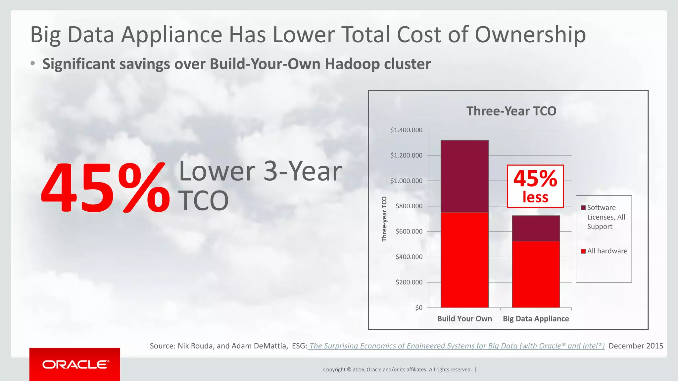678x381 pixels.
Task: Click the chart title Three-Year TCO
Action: pos(511,111)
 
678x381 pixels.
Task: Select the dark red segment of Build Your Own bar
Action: pos(464,176)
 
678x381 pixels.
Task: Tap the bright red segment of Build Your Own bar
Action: pos(464,260)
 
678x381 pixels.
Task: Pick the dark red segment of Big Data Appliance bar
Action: pos(536,228)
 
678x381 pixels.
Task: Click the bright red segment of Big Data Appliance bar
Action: pos(536,274)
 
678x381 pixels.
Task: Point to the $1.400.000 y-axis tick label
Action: pos(406,130)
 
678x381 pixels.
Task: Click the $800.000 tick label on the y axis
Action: pos(409,206)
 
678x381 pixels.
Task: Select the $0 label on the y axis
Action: pos(419,308)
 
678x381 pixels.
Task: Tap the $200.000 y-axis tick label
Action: pos(409,282)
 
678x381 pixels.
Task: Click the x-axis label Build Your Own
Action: pos(464,318)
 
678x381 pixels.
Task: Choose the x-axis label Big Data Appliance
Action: pos(536,318)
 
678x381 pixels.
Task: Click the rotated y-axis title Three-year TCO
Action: pos(384,219)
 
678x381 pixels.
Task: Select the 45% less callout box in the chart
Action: pos(535,186)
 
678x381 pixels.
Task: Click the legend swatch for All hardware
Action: pos(583,251)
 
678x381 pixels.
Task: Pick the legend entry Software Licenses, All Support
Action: pos(606,217)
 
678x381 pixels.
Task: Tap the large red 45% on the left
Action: pos(105,188)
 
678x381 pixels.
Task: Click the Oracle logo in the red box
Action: pos(75,364)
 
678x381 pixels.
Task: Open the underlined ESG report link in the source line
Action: pos(456,346)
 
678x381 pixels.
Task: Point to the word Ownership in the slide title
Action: pos(530,35)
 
